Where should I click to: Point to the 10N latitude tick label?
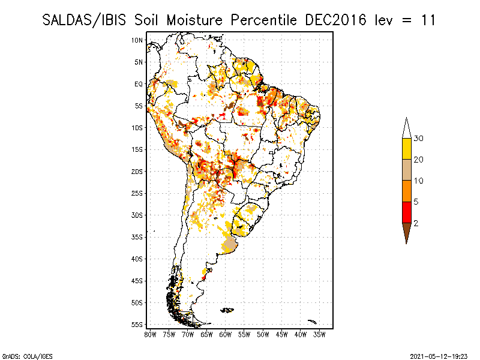pos(137,40)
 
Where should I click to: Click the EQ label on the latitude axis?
pos(139,84)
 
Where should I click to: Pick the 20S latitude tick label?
pos(137,172)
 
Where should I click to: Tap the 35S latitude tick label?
pos(137,237)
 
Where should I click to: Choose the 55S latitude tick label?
pos(137,325)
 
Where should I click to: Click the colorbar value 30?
pos(419,139)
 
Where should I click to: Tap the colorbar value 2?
pos(416,223)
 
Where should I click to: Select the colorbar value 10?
pos(419,181)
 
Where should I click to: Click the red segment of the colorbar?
pos(406,212)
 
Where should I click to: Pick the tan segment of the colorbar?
pos(406,170)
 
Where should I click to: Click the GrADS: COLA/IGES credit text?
pos(20,356)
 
